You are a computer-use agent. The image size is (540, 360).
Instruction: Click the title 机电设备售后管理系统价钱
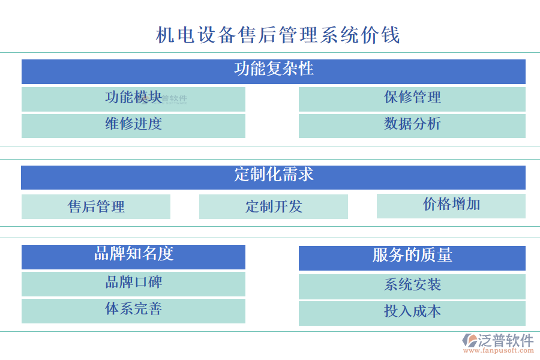(x=278, y=35)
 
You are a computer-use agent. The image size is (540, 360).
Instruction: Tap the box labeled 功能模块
(x=133, y=98)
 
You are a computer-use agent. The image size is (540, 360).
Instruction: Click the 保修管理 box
(x=412, y=98)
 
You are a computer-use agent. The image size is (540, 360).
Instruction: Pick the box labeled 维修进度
(x=133, y=125)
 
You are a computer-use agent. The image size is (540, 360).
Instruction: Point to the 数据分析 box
(x=412, y=125)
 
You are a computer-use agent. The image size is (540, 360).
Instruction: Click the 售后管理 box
(x=96, y=206)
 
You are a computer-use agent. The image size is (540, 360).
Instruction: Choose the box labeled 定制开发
(x=274, y=206)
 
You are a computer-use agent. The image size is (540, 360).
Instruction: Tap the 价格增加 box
(x=451, y=205)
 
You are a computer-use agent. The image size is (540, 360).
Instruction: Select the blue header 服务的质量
(x=412, y=257)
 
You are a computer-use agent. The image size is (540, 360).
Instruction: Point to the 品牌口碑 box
(x=133, y=283)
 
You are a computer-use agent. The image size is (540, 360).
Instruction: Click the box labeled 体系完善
(x=133, y=310)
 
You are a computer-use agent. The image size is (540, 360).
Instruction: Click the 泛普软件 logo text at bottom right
(x=505, y=340)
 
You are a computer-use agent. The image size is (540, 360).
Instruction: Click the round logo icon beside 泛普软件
(x=469, y=341)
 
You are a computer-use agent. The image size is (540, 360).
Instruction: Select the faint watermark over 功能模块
(x=171, y=100)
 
